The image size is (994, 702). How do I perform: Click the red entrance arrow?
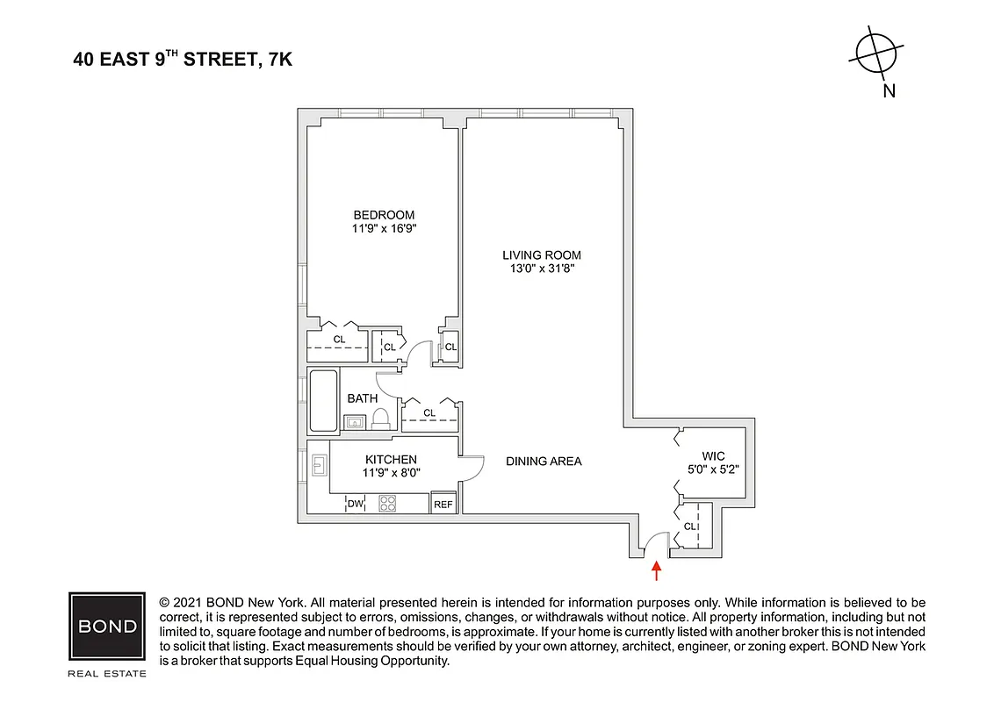[656, 572]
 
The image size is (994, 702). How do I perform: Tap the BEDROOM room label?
[384, 215]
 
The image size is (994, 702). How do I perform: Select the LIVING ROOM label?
[542, 254]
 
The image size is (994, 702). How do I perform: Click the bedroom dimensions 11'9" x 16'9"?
[384, 229]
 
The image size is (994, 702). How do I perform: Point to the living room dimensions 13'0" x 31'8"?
[542, 269]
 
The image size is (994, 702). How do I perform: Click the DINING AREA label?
[544, 461]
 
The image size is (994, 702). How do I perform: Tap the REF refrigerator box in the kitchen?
[443, 504]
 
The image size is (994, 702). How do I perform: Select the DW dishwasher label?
[355, 504]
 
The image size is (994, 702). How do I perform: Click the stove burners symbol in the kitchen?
[388, 503]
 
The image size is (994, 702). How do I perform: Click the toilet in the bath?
[382, 419]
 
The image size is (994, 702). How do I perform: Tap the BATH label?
[362, 398]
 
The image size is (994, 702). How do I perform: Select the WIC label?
[713, 455]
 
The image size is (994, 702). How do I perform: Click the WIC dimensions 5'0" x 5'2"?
[713, 469]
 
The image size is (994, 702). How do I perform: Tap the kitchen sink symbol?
[319, 465]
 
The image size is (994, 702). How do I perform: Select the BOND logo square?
[107, 627]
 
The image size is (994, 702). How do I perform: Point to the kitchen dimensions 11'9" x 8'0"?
[391, 472]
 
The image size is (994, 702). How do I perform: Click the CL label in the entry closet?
[690, 526]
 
